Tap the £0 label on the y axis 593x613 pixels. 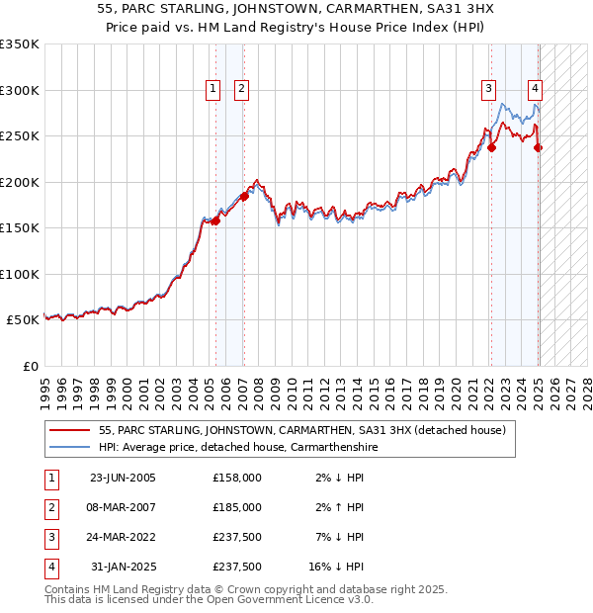point(31,366)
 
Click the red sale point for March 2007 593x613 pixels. point(244,196)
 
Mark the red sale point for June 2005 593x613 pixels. point(215,220)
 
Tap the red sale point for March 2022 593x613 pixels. point(491,148)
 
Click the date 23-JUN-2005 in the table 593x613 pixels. point(123,478)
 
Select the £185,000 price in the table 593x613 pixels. point(237,507)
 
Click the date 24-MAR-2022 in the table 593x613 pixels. point(123,537)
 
